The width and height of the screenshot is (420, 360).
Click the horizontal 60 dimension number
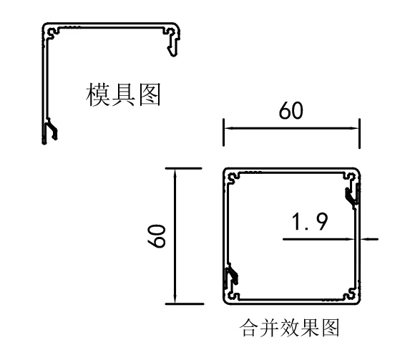291,110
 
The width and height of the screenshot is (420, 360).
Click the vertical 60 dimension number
157,235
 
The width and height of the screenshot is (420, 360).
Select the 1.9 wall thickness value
310,221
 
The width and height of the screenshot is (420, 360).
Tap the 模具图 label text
123,94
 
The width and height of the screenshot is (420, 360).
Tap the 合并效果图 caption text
290,327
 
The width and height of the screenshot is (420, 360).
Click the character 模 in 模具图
97,94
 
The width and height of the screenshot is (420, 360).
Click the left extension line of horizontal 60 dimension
223,132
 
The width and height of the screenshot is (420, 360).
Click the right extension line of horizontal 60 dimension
359,133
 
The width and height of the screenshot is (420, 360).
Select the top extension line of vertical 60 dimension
183,168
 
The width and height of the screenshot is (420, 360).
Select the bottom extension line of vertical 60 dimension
185,304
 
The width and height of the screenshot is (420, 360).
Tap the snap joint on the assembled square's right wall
352,195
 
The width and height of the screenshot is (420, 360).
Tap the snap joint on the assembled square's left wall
232,275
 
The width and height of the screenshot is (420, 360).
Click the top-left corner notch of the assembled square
233,178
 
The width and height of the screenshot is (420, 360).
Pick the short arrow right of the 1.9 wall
369,239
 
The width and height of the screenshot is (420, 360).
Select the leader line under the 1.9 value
318,239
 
